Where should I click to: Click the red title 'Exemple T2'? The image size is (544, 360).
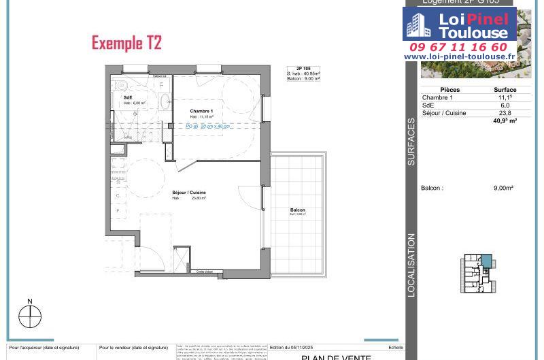(126, 44)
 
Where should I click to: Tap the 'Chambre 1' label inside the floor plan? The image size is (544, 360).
(201, 111)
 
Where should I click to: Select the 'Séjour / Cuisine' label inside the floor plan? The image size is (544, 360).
(188, 193)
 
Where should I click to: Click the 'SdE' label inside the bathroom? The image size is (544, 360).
(127, 98)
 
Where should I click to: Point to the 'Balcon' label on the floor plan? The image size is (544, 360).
(297, 210)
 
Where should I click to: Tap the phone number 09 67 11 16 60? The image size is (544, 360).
(458, 47)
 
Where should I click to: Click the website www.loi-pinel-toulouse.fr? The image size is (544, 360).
(459, 57)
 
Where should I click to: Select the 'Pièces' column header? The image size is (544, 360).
(449, 90)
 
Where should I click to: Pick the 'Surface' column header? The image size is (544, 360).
(505, 90)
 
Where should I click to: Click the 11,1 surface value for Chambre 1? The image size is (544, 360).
(505, 98)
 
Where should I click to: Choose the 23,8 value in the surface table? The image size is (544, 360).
(505, 114)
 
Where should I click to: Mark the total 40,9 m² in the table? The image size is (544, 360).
(505, 121)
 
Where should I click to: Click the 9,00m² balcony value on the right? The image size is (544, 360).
(503, 189)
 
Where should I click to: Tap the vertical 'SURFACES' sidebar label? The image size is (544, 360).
(411, 142)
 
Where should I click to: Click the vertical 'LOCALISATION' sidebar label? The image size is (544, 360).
(411, 265)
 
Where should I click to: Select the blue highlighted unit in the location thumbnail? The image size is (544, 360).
(486, 261)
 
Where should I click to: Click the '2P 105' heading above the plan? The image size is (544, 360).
(303, 69)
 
